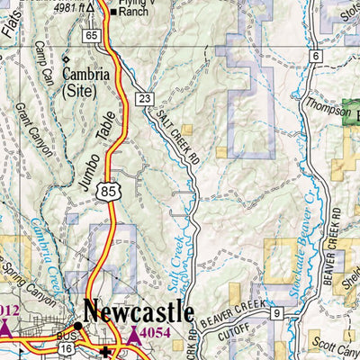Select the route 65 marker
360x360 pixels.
pos(92,35)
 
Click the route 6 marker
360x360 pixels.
pos(317,57)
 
